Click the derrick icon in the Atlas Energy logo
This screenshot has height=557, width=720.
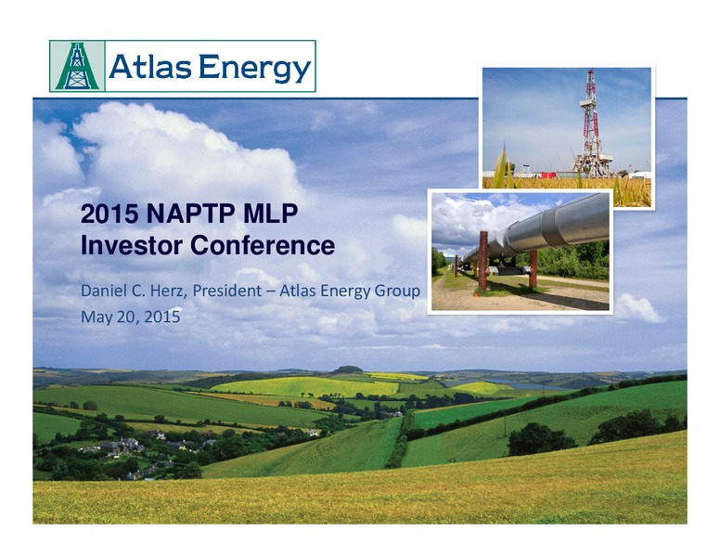point(77,66)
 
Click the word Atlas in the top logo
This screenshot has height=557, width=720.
point(149,67)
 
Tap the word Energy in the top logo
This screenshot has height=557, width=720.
point(255,69)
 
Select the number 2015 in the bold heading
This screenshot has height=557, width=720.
point(109,214)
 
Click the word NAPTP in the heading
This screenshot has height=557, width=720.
point(191,214)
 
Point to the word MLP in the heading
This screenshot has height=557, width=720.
point(271,214)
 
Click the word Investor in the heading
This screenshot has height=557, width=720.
point(132,245)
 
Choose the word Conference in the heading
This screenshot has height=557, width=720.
point(263,245)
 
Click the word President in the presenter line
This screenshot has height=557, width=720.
point(226,291)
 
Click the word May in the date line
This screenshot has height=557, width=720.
point(93,317)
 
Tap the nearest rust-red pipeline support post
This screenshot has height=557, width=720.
point(482,261)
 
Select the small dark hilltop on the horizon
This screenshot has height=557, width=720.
point(347,369)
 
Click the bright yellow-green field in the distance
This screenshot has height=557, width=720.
point(305,386)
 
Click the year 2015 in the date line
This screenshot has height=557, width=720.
point(162,317)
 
